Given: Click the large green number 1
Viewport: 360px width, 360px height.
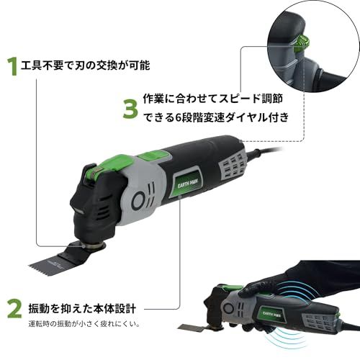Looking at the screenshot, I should (12, 66).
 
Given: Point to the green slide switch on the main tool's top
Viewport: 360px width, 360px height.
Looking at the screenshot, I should (149, 155).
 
